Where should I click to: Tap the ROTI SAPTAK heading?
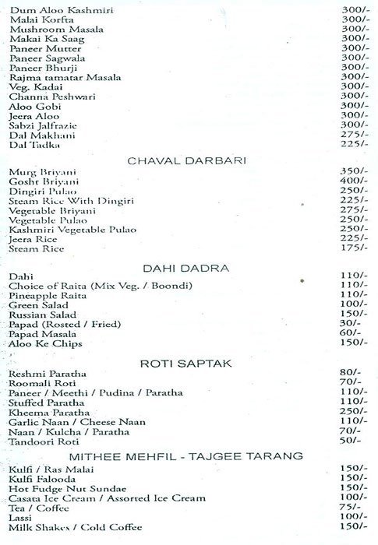tap(191, 363)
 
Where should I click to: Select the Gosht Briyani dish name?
tap(38, 181)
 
